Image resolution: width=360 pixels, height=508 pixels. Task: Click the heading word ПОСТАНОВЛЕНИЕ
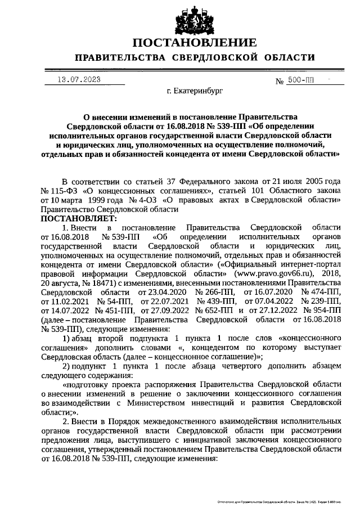coord(195,43)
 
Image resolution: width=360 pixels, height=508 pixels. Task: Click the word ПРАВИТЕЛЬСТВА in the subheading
coord(120,59)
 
